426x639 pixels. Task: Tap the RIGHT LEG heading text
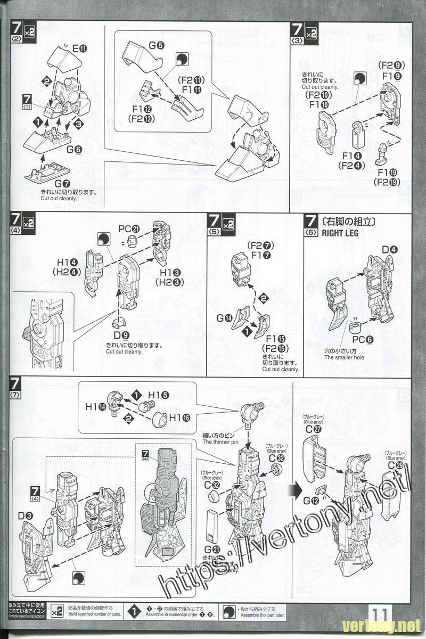click(338, 233)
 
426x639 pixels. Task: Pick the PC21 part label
click(129, 229)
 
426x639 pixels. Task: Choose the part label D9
click(121, 335)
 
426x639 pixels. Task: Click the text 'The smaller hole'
click(344, 357)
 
